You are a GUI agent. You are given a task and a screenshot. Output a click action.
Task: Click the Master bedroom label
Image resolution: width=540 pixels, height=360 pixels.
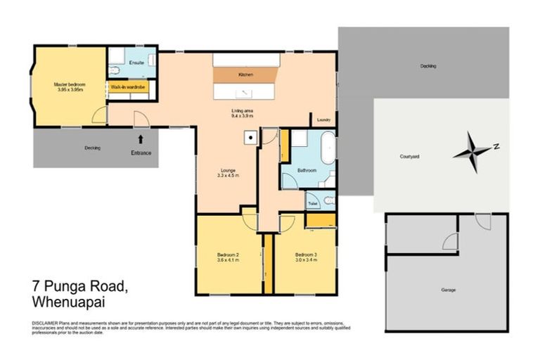[69, 84]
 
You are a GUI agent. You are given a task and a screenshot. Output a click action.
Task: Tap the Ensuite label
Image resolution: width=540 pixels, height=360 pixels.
[137, 63]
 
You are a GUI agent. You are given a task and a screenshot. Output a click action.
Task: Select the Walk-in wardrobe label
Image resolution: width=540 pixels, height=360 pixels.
[127, 86]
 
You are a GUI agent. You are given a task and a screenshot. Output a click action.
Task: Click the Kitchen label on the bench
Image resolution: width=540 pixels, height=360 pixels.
[245, 74]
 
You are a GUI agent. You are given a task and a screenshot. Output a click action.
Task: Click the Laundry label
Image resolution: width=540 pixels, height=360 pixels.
[324, 120]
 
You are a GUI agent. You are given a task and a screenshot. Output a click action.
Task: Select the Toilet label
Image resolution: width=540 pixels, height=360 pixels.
[313, 203]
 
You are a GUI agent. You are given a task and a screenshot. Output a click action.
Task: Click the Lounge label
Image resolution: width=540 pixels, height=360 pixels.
[226, 169]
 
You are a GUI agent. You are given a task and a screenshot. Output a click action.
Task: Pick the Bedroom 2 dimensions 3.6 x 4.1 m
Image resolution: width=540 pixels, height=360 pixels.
[229, 259]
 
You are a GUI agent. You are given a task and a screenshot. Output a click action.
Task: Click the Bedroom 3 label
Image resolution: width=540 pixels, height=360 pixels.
[306, 254]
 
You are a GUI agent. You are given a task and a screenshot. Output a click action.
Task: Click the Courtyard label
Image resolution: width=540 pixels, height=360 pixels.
[409, 157]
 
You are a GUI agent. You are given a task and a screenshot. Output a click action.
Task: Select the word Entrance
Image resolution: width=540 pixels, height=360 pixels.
[141, 153]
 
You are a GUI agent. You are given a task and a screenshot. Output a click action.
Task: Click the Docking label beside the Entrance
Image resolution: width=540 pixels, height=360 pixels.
[92, 148]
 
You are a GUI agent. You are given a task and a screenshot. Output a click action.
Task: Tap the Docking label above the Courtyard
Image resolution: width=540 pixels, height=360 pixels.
[427, 66]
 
